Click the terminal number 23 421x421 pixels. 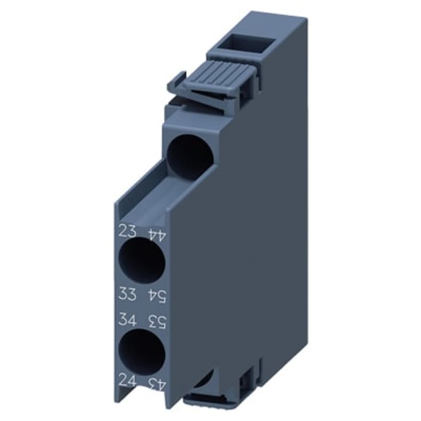coord(127,231)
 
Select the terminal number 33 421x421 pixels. coord(127,294)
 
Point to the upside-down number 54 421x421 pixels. coord(157,296)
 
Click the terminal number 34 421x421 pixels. coord(127,318)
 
